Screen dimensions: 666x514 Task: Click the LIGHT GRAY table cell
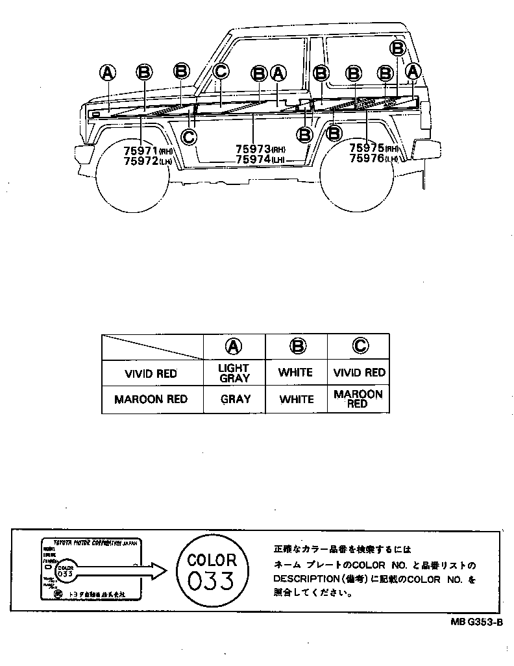pos(234,373)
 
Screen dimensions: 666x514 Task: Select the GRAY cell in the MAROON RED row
pos(234,399)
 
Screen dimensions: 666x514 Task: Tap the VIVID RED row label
pos(151,373)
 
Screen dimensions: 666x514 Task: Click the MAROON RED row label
pos(151,399)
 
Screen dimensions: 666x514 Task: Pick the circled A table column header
pos(234,347)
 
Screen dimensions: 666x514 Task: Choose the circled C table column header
pos(359,347)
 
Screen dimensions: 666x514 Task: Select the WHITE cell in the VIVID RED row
pos(296,373)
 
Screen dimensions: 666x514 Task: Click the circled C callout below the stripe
pos(189,136)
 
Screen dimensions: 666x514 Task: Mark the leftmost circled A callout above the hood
pos(108,73)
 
